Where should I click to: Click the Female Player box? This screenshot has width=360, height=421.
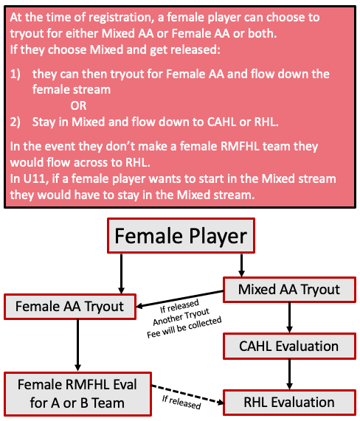181,235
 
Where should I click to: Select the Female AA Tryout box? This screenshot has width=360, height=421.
70,307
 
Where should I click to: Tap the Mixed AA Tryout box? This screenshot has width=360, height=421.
289,290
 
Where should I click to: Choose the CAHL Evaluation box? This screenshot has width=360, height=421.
289,346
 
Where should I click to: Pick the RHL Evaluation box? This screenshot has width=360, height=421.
289,403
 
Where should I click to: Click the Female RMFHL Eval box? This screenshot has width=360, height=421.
77,394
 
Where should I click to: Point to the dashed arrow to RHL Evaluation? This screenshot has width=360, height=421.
187,394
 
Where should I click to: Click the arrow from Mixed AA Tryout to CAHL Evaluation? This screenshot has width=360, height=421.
289,318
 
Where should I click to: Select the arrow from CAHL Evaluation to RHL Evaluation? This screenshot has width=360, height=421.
289,375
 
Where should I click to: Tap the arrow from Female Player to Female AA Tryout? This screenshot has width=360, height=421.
121,274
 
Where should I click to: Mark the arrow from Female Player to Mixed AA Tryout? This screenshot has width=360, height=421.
241,265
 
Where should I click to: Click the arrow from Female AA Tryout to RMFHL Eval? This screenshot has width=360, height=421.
77,346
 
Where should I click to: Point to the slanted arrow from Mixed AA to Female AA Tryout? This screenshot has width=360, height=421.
180,299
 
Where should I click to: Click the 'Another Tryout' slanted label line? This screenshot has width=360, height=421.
181,317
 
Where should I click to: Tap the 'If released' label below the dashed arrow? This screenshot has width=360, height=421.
181,402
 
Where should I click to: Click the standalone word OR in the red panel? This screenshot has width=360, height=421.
78,105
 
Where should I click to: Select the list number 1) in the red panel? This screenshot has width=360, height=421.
15,74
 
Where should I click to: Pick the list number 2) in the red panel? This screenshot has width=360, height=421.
15,122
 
